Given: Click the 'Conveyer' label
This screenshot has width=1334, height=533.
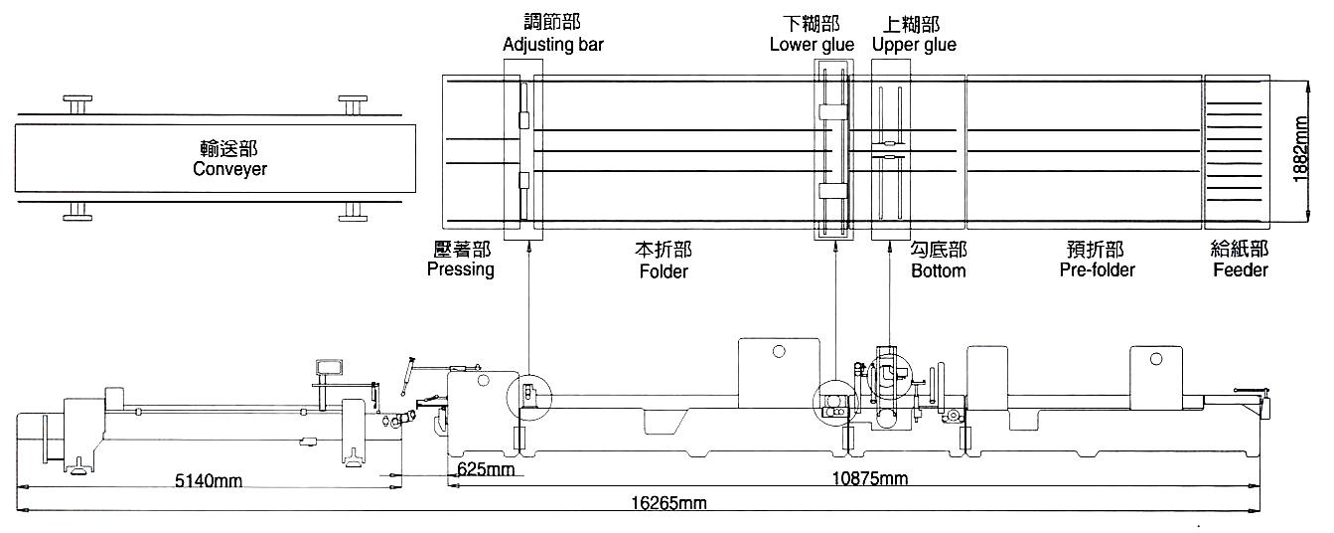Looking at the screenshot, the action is coord(229,169).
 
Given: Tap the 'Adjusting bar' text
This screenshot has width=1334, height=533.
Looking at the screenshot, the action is coord(553,45).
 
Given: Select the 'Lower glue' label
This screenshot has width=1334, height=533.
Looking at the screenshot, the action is coord(812,45).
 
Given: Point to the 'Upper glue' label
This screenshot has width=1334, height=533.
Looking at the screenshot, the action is coord(914,45).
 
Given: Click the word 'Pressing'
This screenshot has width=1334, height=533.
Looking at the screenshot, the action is coord(461,269).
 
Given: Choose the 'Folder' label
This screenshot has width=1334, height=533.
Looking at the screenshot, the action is coord(664,271).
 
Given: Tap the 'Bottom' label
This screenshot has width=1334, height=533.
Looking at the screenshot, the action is coord(939,270).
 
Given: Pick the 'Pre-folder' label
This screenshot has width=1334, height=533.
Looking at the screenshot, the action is coord(1097,270).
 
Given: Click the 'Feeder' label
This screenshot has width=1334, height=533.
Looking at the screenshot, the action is coord(1241,270).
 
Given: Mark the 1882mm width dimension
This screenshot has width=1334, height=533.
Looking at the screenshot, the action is coord(1301,149).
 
